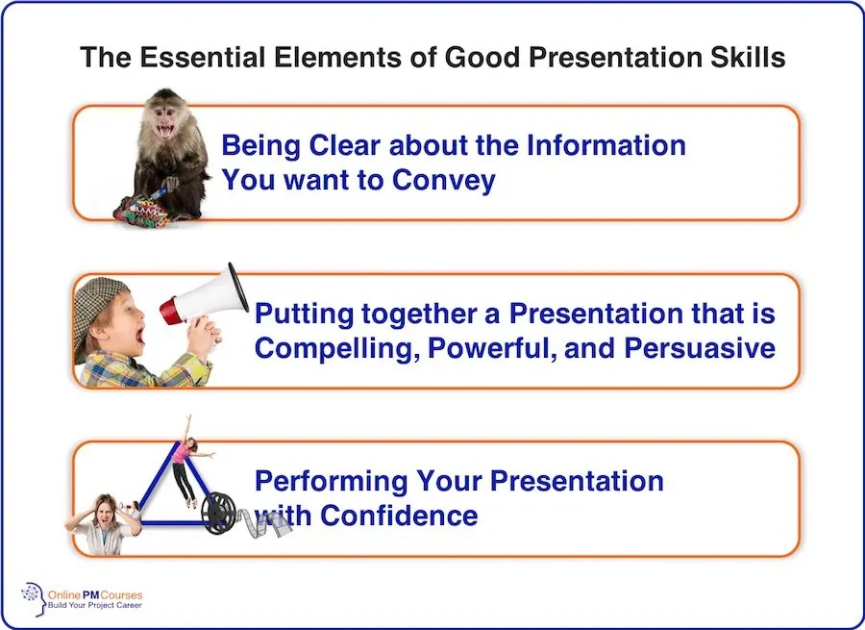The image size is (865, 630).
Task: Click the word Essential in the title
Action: coord(202,58)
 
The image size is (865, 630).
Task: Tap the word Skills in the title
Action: coord(748,58)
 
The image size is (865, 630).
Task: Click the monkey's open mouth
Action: coord(164,131)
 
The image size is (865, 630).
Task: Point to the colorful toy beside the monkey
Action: coord(142,211)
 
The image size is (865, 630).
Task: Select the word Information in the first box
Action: coord(606,145)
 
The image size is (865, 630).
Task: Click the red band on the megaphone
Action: coord(169,312)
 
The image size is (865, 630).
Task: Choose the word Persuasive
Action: coord(700,348)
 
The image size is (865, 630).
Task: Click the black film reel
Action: coord(218,514)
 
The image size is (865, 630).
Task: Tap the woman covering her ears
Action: coord(103,524)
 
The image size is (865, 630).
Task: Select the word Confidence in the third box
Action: coord(399,516)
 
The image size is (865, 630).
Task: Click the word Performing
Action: coord(331,482)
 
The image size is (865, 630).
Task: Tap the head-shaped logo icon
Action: coord(34,598)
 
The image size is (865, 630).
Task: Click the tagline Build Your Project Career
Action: coord(95,605)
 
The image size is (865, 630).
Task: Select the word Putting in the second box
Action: coord(304,315)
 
